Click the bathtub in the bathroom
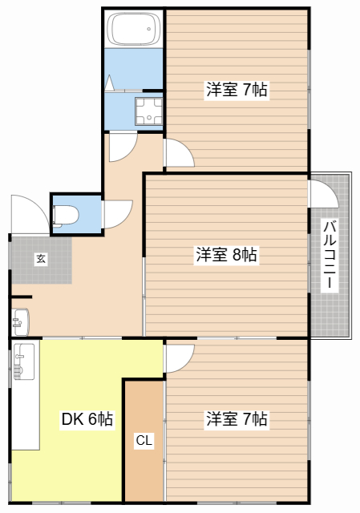coord(133,30)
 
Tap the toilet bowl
coord(64,214)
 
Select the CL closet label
coord(144,440)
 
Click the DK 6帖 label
coord(87,419)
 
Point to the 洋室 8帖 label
coord(226,255)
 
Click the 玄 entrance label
coord(40,258)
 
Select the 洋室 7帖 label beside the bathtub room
coord(237,90)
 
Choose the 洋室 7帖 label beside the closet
coord(237,418)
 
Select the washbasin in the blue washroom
coord(148,111)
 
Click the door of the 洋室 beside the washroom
coord(177,152)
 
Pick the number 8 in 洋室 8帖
coord(238,255)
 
